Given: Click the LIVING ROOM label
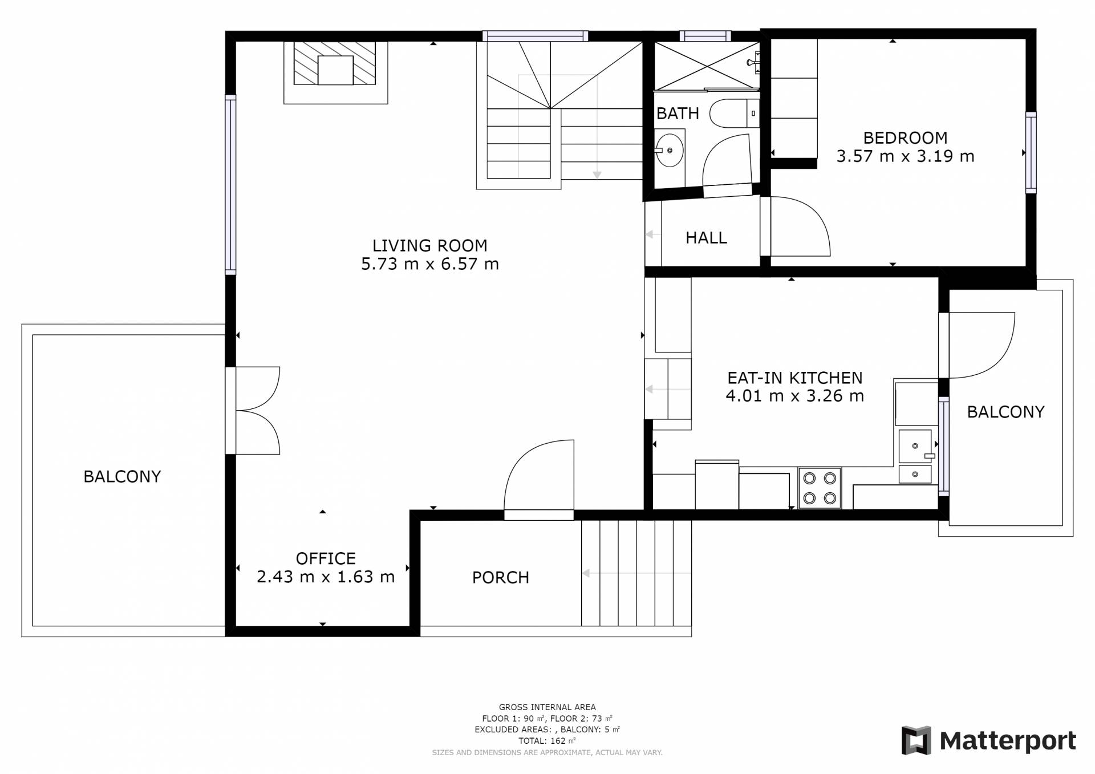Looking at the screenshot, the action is (430, 245).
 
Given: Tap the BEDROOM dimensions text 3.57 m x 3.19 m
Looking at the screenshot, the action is (905, 156).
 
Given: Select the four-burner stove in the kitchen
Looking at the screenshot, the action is (820, 488).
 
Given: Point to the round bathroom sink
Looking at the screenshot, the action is (669, 150).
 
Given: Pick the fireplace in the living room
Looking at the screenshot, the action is (336, 72).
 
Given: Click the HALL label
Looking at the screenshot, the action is (706, 238).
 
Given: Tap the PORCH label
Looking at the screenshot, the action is (501, 578).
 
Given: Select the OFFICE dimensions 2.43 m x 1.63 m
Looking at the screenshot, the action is (326, 577).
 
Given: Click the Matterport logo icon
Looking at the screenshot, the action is (916, 740).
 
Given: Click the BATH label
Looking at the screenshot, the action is (678, 114).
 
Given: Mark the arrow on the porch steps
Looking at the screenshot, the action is (636, 573).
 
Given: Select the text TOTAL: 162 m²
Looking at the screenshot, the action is (547, 741).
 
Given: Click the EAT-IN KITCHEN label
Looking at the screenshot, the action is (795, 378).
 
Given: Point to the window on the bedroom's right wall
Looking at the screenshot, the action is (1031, 152).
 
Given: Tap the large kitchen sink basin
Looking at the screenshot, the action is (915, 446).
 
